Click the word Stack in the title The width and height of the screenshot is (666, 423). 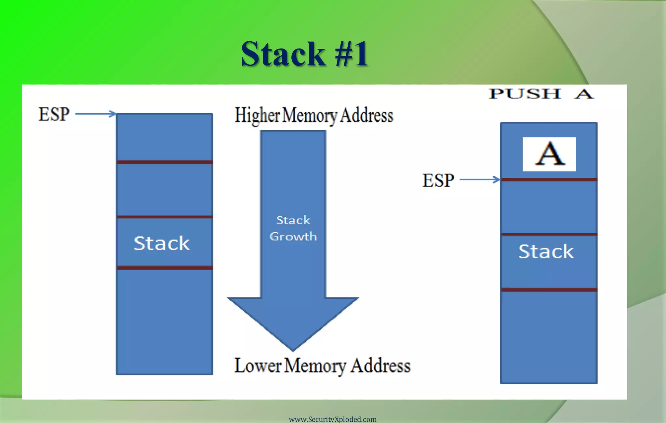pyautogui.click(x=283, y=54)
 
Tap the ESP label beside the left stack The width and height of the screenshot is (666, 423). pyautogui.click(x=54, y=114)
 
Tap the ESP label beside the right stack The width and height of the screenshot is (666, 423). pyautogui.click(x=438, y=180)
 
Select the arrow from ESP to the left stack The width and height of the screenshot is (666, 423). pyautogui.click(x=96, y=114)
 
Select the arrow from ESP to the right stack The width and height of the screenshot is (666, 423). pyautogui.click(x=480, y=179)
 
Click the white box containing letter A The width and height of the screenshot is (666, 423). pyautogui.click(x=549, y=154)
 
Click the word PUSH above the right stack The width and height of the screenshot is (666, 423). pyautogui.click(x=525, y=94)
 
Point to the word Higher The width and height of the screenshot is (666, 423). pyautogui.click(x=257, y=116)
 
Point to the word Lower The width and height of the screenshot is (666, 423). pyautogui.click(x=258, y=366)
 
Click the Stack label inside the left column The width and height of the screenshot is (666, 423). pyautogui.click(x=162, y=243)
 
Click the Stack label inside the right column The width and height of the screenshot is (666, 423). pyautogui.click(x=546, y=252)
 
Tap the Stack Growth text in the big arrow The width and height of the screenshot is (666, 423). pyautogui.click(x=293, y=228)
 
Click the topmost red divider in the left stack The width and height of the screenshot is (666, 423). pyautogui.click(x=165, y=162)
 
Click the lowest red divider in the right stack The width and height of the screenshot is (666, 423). pyautogui.click(x=549, y=290)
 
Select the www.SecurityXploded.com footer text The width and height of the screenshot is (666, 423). pyautogui.click(x=333, y=419)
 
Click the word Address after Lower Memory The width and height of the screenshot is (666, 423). pyautogui.click(x=381, y=366)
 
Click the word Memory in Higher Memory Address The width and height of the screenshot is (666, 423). pyautogui.click(x=310, y=116)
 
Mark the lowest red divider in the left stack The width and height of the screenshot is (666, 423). pyautogui.click(x=165, y=267)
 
